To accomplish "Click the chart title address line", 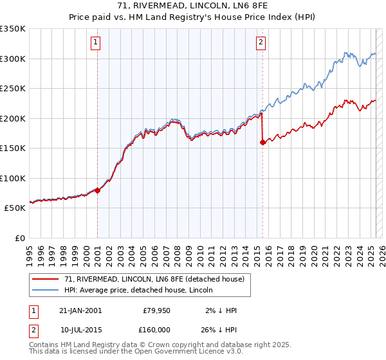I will pos(193,6).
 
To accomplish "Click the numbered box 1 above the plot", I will pos(95,43).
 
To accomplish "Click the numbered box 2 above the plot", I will pos(261,43).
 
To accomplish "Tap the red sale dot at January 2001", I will pos(98,190).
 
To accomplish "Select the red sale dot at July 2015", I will pos(262,142).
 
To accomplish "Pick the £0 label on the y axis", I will pos(19,238).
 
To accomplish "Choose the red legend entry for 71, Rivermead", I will pos(154,280).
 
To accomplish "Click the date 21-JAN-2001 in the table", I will pos(80,310).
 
